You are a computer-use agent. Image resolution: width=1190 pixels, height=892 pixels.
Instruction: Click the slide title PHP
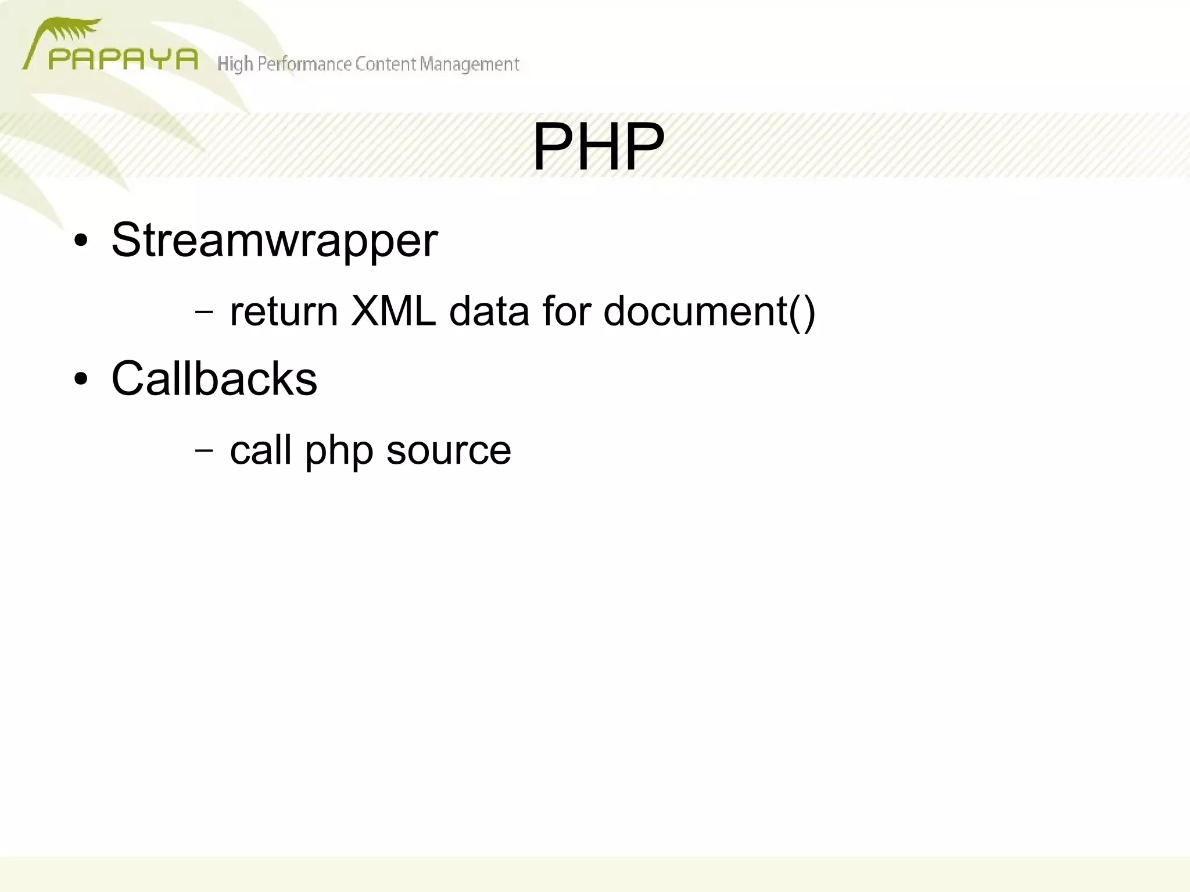[598, 147]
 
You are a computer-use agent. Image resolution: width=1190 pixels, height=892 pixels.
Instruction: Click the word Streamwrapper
[274, 240]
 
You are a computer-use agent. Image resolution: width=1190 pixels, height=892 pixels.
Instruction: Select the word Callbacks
[214, 378]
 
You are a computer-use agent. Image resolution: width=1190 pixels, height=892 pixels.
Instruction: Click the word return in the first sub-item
[284, 311]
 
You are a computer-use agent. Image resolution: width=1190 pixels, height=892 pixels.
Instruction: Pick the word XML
[393, 311]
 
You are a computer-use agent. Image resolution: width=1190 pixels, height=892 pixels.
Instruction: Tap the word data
[489, 311]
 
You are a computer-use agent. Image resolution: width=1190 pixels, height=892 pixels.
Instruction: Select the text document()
[709, 313]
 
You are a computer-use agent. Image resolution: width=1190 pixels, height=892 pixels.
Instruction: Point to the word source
[449, 451]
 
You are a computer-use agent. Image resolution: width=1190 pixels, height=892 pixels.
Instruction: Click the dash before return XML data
[204, 312]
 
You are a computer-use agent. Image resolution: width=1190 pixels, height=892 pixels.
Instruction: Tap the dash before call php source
[204, 450]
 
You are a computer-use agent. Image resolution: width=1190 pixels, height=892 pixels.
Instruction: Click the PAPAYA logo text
[123, 59]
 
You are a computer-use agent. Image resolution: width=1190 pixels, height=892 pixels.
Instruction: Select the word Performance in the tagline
[304, 64]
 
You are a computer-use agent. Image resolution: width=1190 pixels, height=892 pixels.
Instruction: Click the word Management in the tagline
[469, 64]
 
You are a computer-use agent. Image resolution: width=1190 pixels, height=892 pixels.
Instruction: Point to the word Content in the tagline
[386, 64]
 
